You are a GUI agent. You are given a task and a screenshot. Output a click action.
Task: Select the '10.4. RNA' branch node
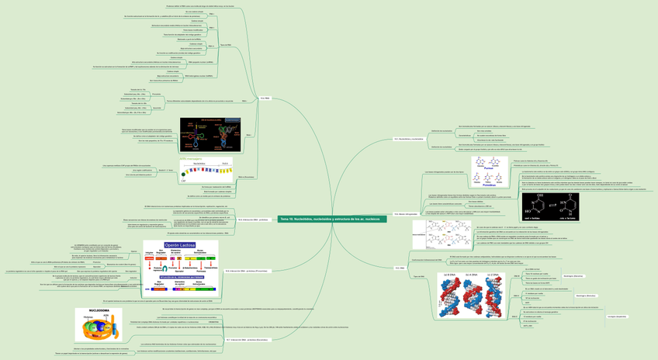click(x=265, y=98)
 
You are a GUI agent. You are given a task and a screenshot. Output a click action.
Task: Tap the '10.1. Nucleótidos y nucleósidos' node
click(x=409, y=139)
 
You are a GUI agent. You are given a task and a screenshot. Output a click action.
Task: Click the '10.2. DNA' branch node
click(x=400, y=268)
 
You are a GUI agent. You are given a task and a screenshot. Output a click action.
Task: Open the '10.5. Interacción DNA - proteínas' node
click(x=230, y=220)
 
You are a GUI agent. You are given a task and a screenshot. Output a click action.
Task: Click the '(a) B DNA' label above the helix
click(x=448, y=275)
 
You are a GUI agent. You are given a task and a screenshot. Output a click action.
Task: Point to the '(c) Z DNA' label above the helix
click(x=493, y=275)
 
